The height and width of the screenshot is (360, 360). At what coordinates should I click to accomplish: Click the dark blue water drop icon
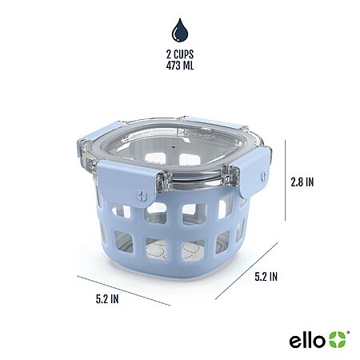click(180, 30)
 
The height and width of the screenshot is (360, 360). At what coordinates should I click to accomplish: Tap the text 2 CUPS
click(180, 54)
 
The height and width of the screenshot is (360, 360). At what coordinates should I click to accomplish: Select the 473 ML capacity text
click(180, 66)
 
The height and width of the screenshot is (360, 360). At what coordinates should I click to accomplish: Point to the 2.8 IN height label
click(302, 182)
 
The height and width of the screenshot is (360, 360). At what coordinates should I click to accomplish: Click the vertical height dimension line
click(286, 180)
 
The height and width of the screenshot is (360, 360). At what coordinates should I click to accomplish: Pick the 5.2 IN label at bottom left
click(107, 299)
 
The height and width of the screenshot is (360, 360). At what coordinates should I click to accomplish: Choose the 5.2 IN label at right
click(266, 277)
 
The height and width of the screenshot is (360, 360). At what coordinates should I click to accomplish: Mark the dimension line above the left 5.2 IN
click(124, 290)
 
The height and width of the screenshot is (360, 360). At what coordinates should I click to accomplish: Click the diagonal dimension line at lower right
click(246, 271)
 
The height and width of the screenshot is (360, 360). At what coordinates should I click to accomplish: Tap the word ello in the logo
click(307, 341)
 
